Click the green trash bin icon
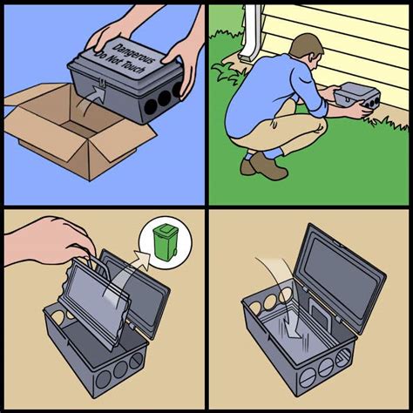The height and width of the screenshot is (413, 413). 164,241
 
